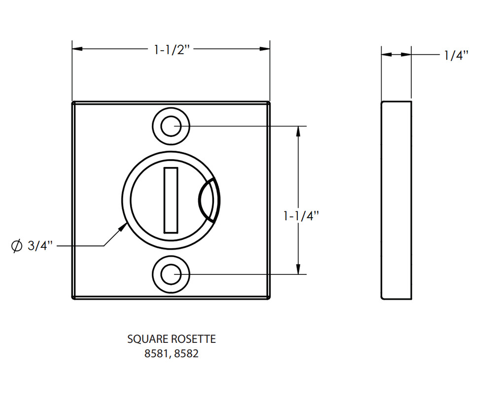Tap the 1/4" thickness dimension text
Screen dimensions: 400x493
click(x=455, y=55)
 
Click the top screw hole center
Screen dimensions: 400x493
click(x=171, y=127)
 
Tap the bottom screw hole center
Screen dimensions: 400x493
click(x=171, y=274)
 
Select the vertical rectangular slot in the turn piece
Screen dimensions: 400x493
click(x=171, y=200)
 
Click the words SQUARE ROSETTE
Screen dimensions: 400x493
click(x=171, y=339)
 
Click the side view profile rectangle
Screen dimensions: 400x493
click(x=396, y=200)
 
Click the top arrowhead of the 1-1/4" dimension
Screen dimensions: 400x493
click(x=298, y=131)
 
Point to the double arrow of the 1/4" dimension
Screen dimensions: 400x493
click(x=396, y=55)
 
